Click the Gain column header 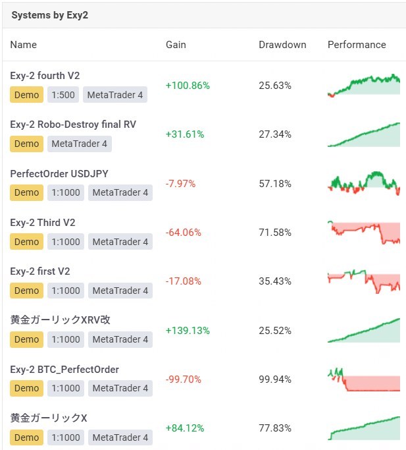176,45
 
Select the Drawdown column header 282,45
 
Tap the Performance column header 357,45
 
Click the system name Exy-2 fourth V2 45,76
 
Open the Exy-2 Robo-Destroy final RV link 73,125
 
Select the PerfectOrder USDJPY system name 59,173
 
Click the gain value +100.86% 188,86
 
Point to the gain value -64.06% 184,233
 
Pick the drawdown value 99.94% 275,380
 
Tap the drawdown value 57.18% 275,184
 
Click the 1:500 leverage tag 63,95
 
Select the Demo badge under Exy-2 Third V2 26,242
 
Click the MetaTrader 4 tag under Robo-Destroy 79,144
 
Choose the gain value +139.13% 188,331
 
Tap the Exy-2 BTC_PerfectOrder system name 64,370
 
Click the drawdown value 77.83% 275,428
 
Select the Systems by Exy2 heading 49,15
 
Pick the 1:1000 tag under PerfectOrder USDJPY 65,192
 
